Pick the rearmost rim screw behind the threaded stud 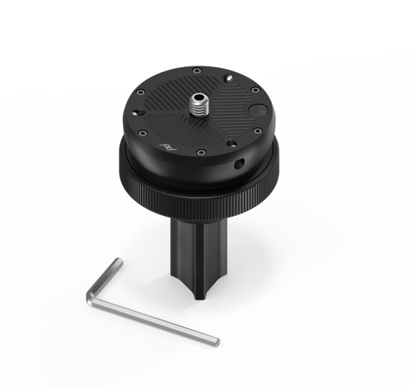[x=197, y=71]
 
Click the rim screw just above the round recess [x=254, y=90]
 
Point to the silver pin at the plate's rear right [x=228, y=79]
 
